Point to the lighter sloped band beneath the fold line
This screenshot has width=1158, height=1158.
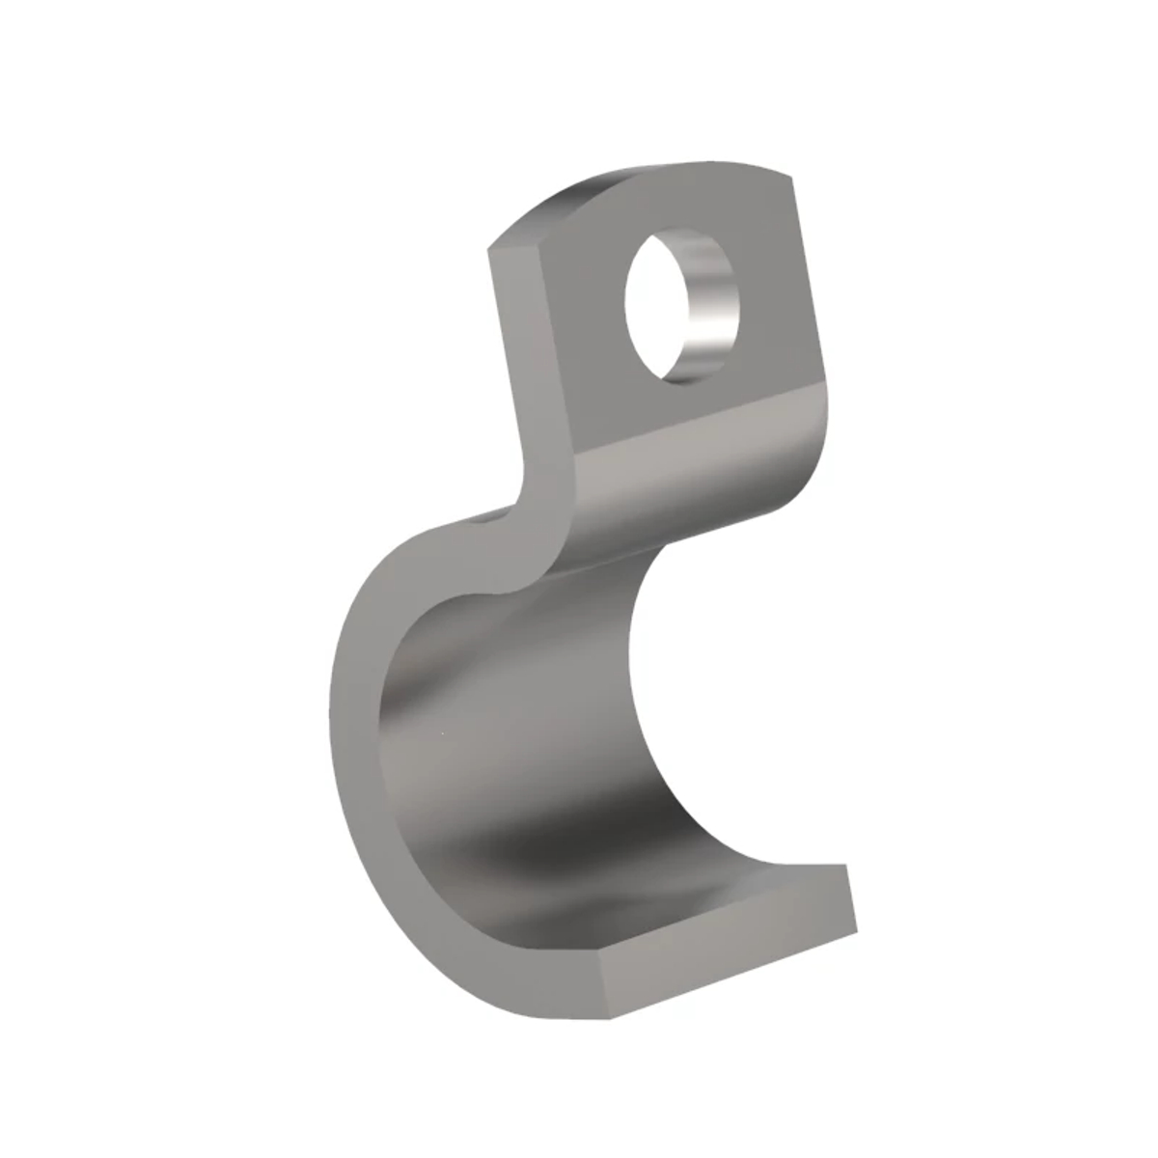point(695,492)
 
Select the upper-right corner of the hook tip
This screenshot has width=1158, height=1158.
point(846,866)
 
